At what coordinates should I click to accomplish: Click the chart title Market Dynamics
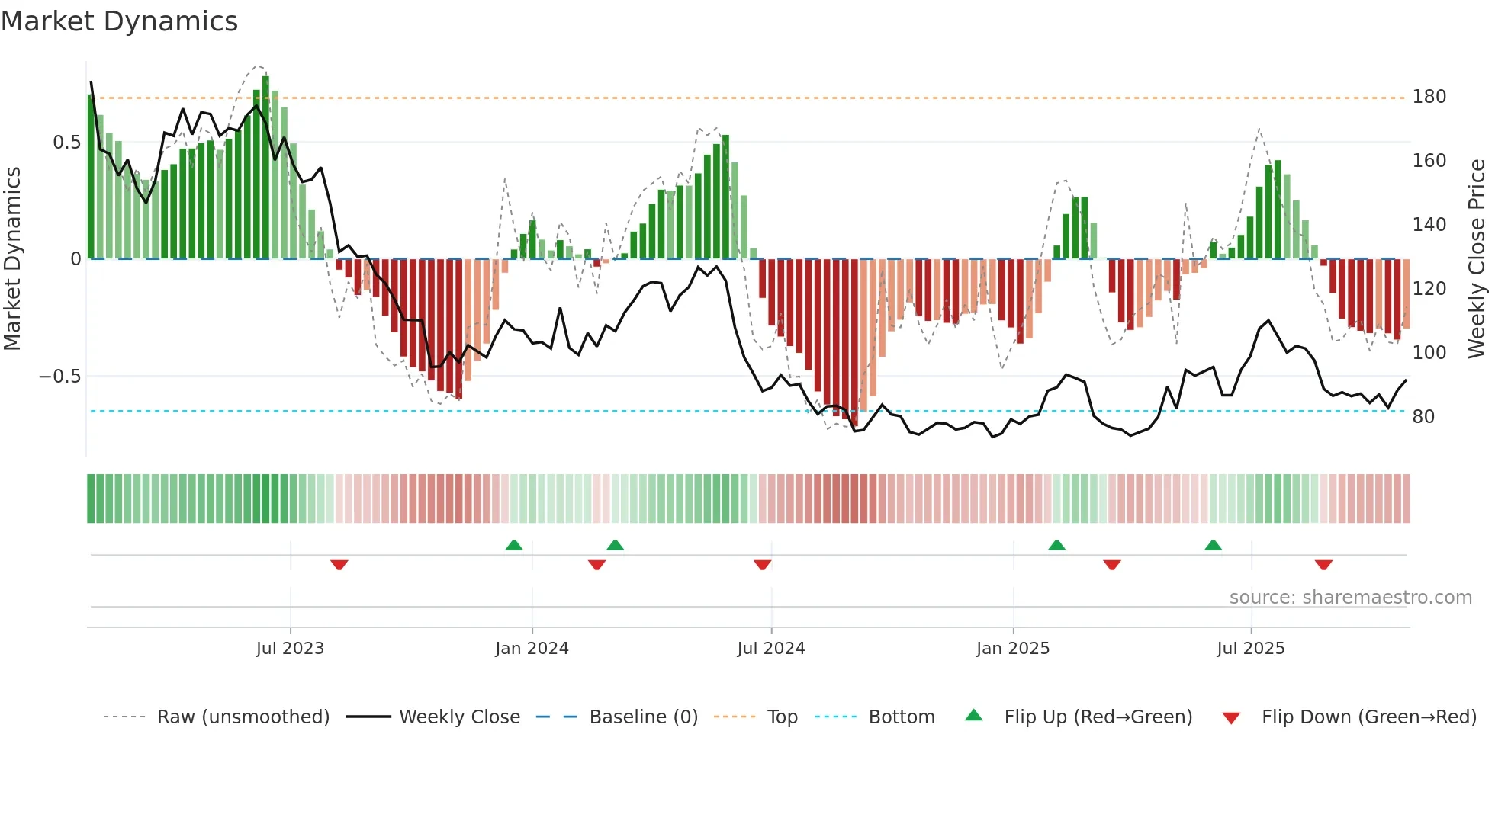119,21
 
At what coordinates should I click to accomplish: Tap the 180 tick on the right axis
1429,97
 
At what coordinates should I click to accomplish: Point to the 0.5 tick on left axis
67,143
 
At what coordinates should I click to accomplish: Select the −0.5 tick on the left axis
60,377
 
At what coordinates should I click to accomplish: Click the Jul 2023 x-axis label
290,649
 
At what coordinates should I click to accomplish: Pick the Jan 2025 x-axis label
1013,649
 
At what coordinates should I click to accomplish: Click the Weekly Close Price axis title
1477,259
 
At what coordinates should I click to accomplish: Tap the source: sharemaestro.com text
1350,598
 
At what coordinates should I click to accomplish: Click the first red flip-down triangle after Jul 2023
339,564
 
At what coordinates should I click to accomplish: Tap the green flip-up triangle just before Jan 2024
514,545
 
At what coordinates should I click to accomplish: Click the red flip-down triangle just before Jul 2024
762,564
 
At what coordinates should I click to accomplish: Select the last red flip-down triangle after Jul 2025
1323,564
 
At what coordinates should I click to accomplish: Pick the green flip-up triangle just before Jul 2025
1213,545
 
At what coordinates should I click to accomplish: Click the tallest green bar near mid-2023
265,168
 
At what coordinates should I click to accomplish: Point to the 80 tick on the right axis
1423,417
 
